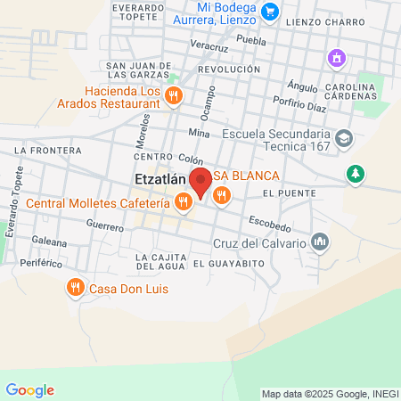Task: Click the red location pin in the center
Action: point(200,181)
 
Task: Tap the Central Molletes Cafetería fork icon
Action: point(183,201)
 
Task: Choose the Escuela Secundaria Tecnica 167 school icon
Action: point(345,139)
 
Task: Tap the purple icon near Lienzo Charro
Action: point(337,59)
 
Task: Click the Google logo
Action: point(29,390)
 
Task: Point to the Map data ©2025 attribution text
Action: point(330,394)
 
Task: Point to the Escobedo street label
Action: point(269,220)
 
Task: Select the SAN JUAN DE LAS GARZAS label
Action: point(139,70)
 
